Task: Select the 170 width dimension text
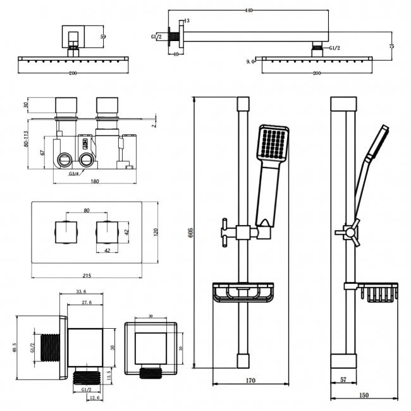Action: click(250, 381)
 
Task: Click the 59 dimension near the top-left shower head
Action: click(103, 37)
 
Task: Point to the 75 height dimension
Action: click(392, 46)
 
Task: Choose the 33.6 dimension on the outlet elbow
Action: click(80, 292)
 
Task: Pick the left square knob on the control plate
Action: click(66, 232)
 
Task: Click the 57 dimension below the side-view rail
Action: click(343, 381)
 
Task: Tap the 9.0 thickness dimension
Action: click(250, 61)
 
